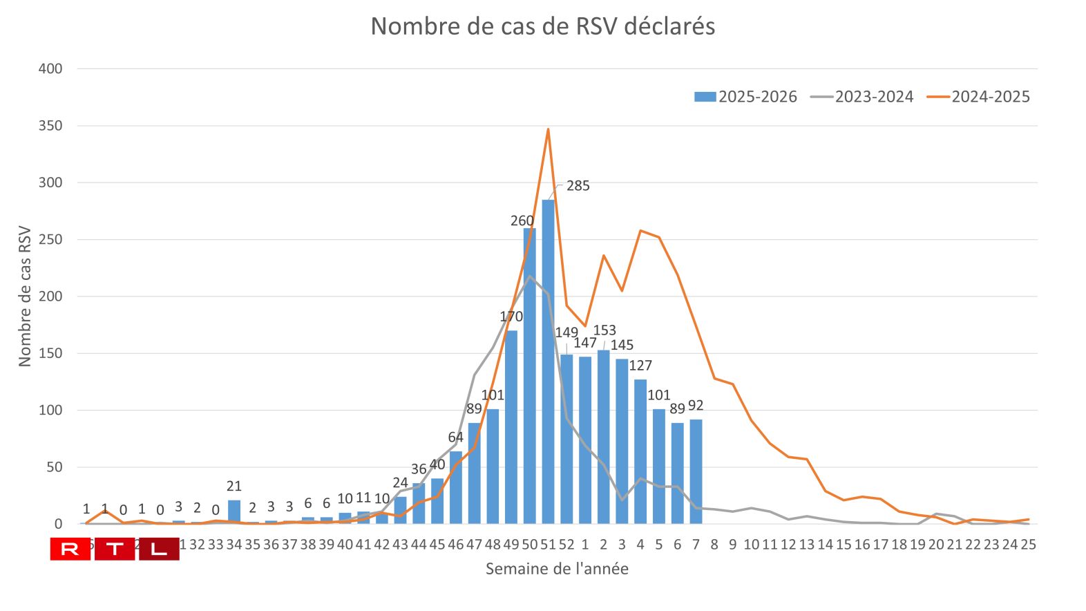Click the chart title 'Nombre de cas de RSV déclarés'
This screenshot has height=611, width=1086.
542,26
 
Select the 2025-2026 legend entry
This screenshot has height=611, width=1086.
745,97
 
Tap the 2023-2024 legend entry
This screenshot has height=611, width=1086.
862,97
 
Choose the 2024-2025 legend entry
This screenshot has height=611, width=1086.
978,97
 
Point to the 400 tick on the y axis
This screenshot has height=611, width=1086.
50,68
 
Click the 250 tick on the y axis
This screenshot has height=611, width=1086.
50,239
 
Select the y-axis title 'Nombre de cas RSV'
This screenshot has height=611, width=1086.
25,296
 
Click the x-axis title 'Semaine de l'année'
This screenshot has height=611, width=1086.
557,569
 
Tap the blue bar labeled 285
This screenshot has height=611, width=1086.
548,359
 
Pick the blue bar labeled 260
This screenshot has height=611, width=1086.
530,377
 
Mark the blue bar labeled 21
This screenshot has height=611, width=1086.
234,512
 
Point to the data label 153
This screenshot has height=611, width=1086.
604,330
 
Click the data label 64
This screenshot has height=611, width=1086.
456,438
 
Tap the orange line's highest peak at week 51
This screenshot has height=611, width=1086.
548,129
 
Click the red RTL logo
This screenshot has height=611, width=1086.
115,549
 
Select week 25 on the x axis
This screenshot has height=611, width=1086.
1028,545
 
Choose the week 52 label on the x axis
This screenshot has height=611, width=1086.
566,545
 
